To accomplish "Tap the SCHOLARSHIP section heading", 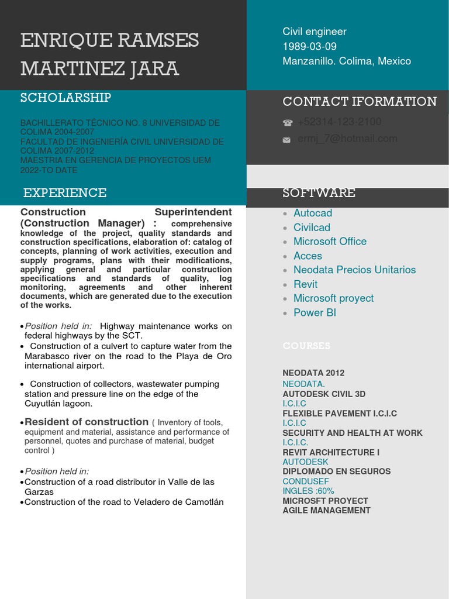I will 65,98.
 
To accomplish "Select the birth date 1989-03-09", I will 309,46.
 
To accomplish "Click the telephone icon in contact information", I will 287,123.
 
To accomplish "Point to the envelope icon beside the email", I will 286,140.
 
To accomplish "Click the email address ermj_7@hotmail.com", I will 347,139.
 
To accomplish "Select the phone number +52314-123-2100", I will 339,122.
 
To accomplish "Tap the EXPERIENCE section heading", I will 65,193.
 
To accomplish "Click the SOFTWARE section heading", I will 319,193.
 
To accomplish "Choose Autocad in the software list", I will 312,213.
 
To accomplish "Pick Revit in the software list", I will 305,284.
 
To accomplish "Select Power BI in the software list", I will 315,312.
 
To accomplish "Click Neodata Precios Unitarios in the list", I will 354,270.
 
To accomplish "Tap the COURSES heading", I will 306,346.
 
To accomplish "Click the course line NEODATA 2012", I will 313,373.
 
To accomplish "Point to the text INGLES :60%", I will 308,491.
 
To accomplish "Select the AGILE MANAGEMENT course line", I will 326,510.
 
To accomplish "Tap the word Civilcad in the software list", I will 312,227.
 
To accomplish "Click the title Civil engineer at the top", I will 315,32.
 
